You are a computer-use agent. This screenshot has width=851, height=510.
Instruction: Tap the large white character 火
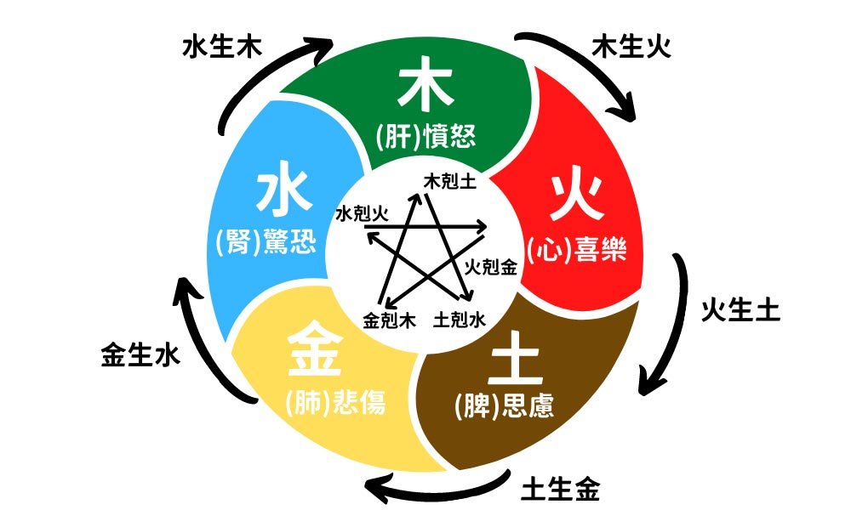pyautogui.click(x=575, y=200)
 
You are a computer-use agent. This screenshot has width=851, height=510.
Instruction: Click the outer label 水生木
pyautogui.click(x=221, y=46)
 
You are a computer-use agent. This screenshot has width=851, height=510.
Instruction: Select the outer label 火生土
pyautogui.click(x=740, y=311)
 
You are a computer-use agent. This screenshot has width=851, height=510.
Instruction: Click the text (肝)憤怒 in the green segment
pyautogui.click(x=425, y=136)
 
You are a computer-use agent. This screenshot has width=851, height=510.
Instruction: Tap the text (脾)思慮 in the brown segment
pyautogui.click(x=505, y=406)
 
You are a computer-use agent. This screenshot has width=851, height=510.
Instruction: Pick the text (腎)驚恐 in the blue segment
pyautogui.click(x=266, y=244)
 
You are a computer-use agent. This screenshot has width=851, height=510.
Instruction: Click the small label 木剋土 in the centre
pyautogui.click(x=449, y=181)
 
